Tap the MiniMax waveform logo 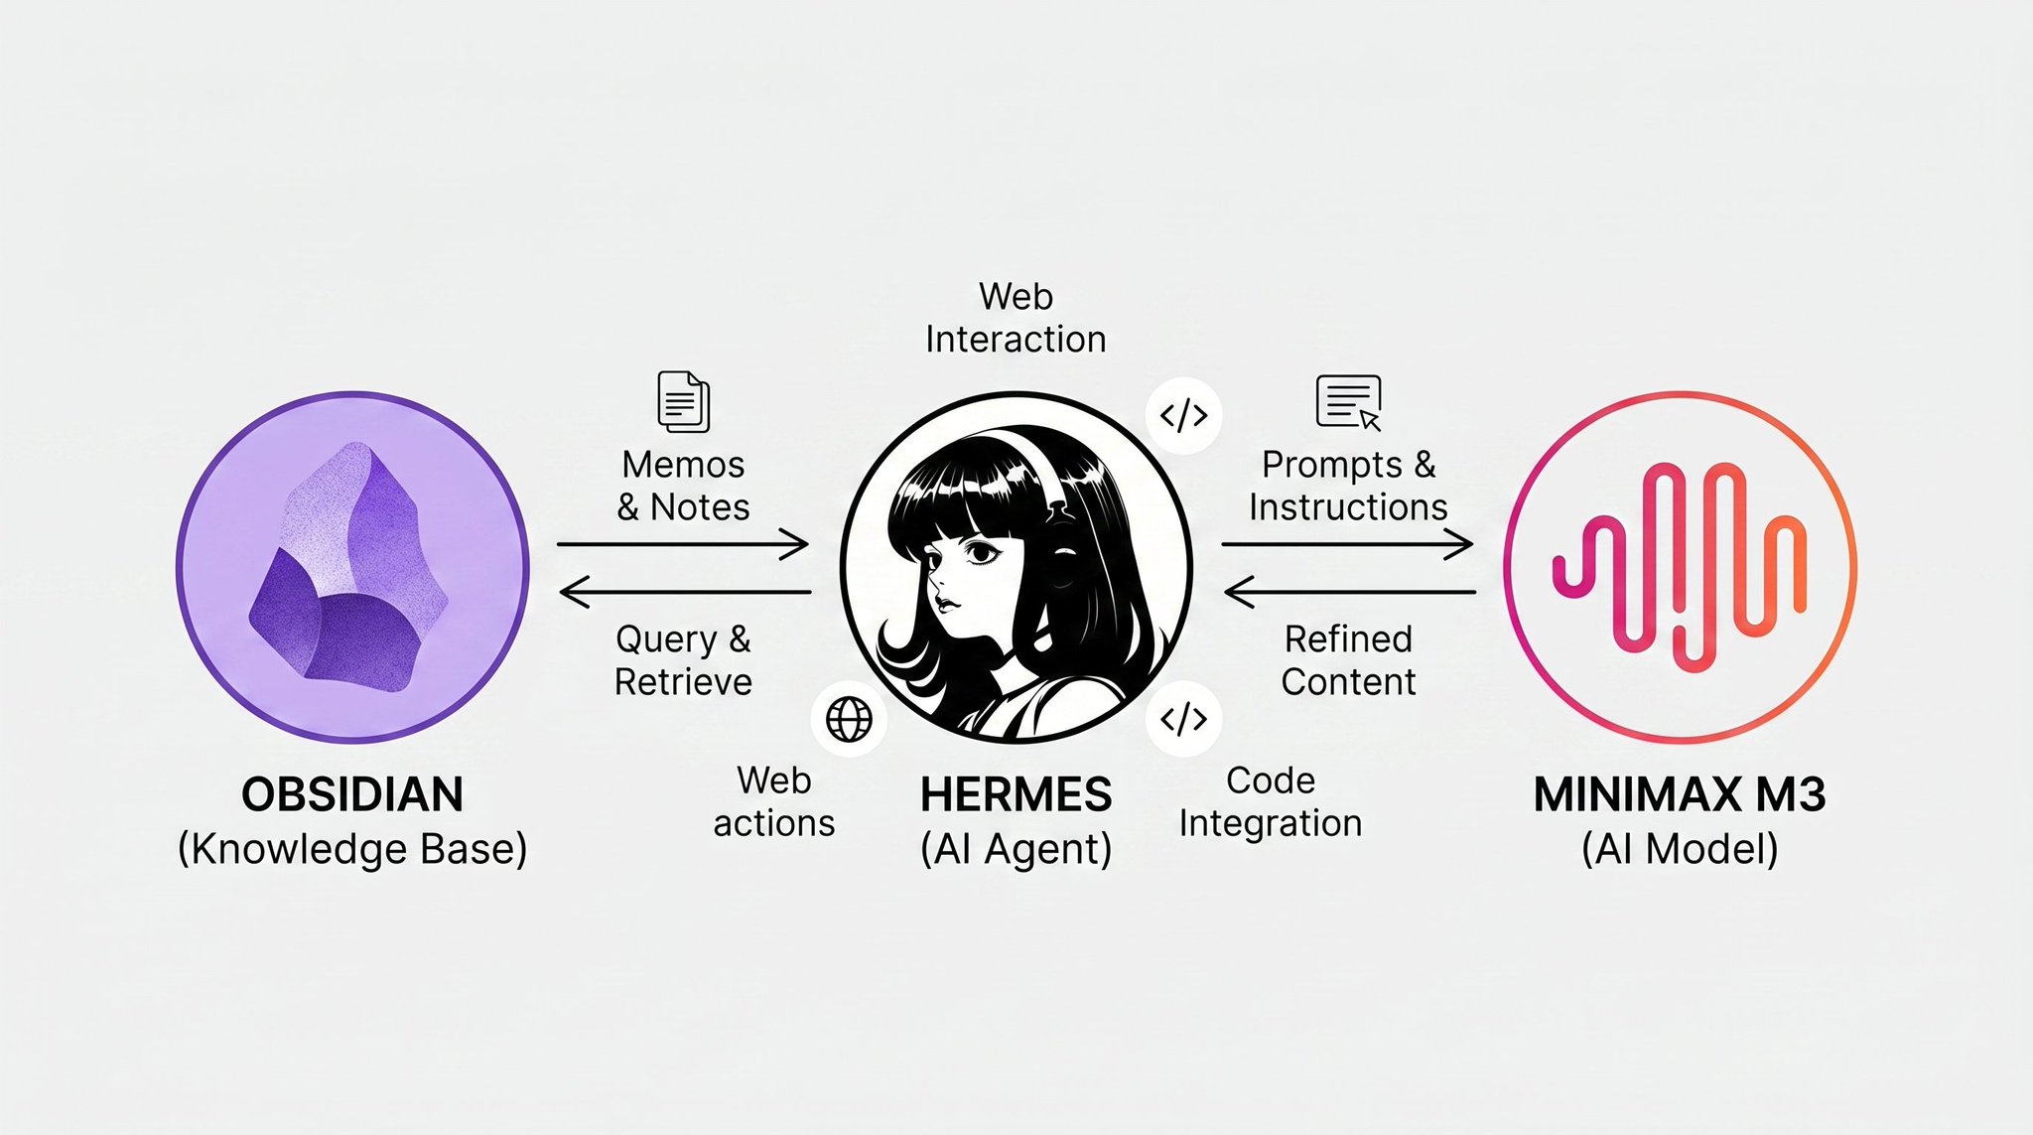click(1680, 566)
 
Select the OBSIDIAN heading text click(352, 794)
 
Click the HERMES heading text click(1016, 794)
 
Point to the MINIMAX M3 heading click(1680, 794)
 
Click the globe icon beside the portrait click(849, 719)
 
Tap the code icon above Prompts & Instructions click(1183, 415)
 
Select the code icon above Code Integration click(1183, 718)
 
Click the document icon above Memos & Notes click(684, 401)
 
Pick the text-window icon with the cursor click(1348, 401)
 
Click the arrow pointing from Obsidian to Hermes click(683, 544)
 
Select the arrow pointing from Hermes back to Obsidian click(685, 593)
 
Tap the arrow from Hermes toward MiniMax click(1347, 544)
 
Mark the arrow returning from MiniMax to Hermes click(1350, 593)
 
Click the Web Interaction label click(1016, 318)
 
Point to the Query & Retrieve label click(683, 660)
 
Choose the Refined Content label click(1348, 660)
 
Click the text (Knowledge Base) click(352, 849)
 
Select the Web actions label click(774, 802)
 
